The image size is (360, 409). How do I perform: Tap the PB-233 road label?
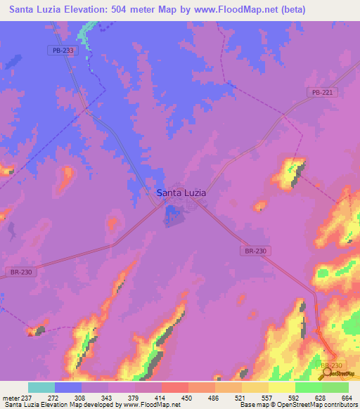tap(63, 50)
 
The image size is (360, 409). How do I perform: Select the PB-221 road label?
tap(322, 92)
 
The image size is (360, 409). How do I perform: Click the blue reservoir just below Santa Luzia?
tap(172, 215)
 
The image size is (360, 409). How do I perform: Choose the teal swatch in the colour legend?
tap(41, 387)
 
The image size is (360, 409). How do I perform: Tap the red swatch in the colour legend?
tap(175, 387)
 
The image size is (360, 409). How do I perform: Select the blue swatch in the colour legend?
tap(68, 387)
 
